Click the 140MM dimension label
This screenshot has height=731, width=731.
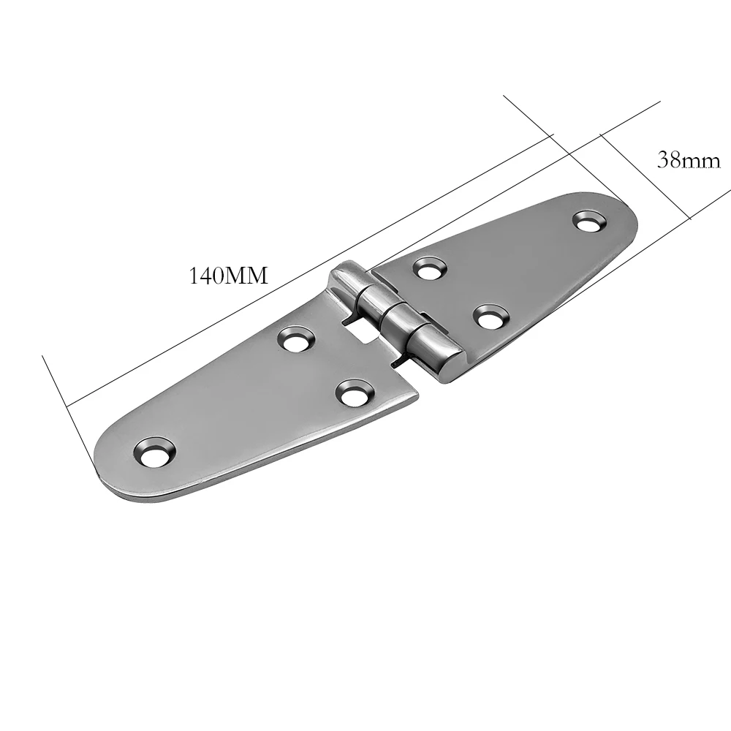(x=229, y=276)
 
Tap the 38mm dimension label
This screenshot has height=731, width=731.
(x=689, y=160)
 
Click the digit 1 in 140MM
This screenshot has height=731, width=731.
(x=193, y=276)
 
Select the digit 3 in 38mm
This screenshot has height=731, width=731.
(x=663, y=160)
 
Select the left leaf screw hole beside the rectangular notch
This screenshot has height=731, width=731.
(x=297, y=338)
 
